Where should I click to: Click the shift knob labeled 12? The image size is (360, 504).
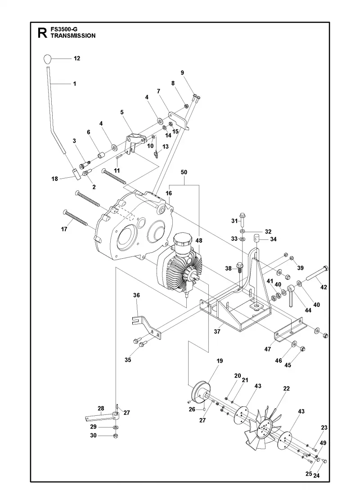pos(47,59)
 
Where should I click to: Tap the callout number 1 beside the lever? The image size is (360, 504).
pos(75,84)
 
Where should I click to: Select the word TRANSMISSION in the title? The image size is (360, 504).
pos(73,36)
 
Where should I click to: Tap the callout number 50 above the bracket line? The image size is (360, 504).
pos(184,172)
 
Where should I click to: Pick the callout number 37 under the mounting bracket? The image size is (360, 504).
pos(217,331)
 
